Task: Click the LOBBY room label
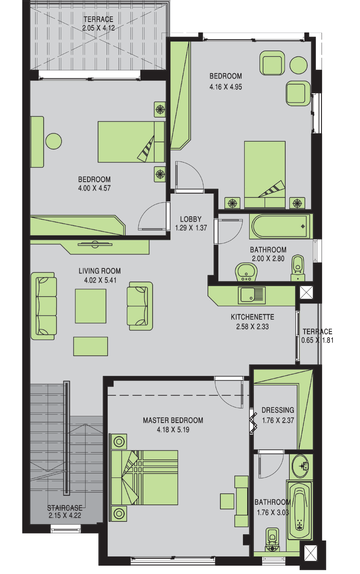[x=191, y=219]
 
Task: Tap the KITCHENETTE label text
[x=252, y=317]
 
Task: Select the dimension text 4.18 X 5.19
[x=173, y=430]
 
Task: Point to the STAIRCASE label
[x=65, y=508]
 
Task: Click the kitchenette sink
[x=252, y=295]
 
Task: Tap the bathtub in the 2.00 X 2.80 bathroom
[x=281, y=226]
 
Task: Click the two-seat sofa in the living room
[x=140, y=306]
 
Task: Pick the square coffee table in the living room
[x=91, y=306]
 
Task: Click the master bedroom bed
[x=144, y=478]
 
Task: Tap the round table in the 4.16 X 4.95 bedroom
[x=298, y=65]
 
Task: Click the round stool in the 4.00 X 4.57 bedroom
[x=54, y=141]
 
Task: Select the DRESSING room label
[x=278, y=410]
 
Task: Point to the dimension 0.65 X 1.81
[x=317, y=340]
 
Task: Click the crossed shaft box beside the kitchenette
[x=306, y=292]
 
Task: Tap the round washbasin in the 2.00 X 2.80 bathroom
[x=246, y=272]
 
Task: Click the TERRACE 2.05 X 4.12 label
[x=98, y=24]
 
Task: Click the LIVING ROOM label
[x=100, y=271]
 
